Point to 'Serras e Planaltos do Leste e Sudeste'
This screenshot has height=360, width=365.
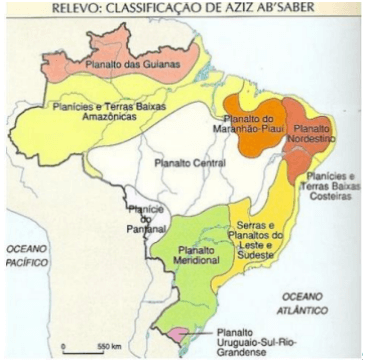tap(262, 239)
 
